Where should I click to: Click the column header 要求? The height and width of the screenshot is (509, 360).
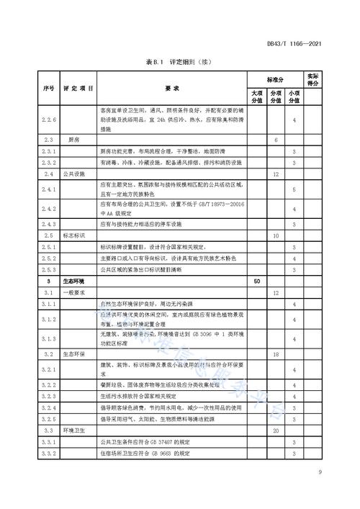coord(171,88)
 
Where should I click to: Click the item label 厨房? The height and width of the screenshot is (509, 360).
coord(73,138)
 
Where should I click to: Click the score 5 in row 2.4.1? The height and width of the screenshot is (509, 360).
coord(294,189)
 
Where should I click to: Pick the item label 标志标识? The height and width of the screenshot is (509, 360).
coord(75,235)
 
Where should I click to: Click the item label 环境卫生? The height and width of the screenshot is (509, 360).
coord(75,430)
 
